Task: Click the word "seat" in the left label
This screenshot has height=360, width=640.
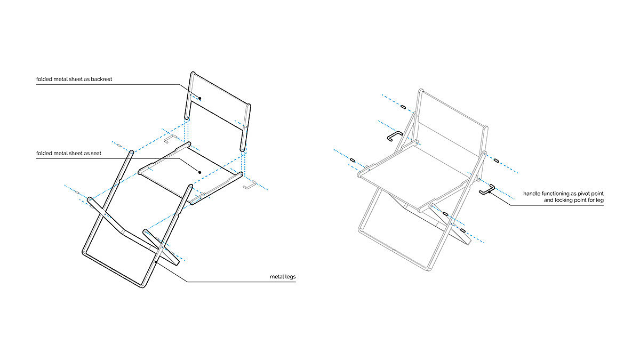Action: point(95,154)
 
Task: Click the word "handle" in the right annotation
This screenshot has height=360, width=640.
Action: point(532,193)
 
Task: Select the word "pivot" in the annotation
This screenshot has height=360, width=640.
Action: point(581,193)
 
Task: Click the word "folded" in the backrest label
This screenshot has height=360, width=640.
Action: point(45,79)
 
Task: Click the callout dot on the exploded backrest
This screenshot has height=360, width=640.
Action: point(199,98)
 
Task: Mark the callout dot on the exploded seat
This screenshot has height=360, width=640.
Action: point(199,172)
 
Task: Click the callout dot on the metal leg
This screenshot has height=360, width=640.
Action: point(156,262)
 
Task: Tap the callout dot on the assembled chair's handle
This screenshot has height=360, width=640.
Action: point(490,192)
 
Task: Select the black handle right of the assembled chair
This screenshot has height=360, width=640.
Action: point(486,190)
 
